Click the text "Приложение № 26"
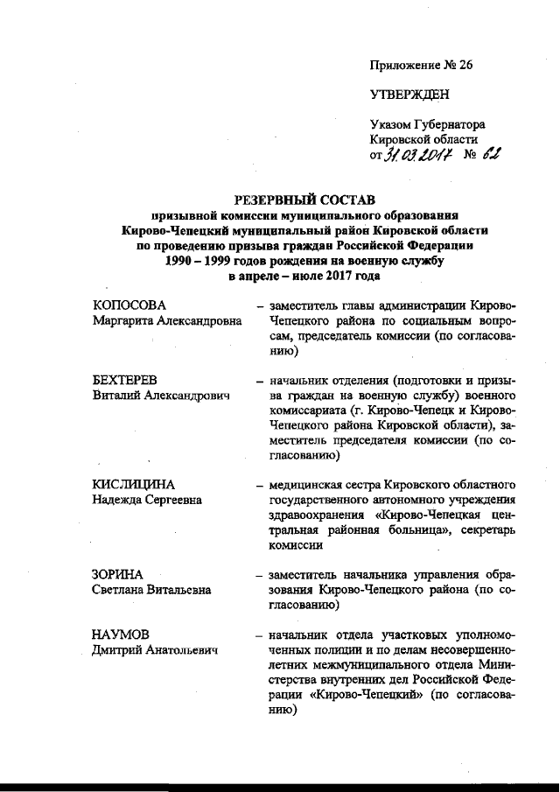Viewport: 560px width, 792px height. coord(422,66)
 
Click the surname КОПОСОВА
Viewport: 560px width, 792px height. coord(129,305)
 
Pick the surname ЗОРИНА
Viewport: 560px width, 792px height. coord(118,574)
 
